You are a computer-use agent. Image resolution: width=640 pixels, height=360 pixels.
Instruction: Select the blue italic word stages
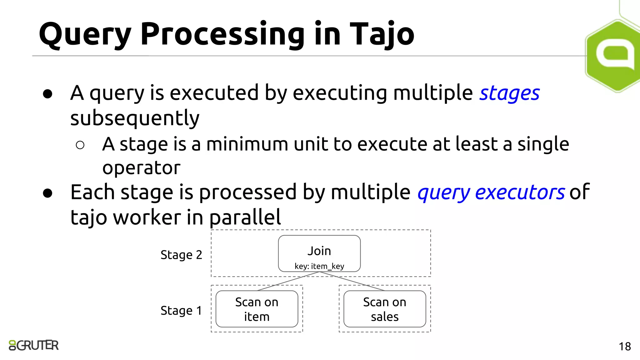click(509, 93)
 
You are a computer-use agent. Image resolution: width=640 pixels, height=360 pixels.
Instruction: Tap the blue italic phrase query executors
click(491, 192)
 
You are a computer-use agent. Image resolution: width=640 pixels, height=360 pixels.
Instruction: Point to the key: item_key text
click(319, 266)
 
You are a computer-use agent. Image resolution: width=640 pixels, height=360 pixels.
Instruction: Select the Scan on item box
click(257, 309)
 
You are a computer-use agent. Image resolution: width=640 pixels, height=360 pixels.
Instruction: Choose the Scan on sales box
click(384, 309)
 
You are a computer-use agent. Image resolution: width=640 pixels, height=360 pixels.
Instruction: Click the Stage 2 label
click(181, 255)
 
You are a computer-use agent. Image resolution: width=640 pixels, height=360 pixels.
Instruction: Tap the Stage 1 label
click(181, 311)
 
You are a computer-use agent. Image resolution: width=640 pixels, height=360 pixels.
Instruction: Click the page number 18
click(624, 347)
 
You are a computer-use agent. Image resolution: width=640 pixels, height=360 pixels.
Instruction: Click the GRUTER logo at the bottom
click(34, 345)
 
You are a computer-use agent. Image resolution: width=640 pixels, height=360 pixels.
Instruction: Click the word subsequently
click(135, 118)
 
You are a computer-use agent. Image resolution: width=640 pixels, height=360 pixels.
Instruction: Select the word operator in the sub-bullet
click(141, 168)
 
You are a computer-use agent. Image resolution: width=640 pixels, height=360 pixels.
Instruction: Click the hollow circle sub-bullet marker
click(80, 145)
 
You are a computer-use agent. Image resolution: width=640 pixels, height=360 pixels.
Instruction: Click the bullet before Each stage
click(47, 193)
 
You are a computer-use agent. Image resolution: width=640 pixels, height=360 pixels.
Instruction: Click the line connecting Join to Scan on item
click(287, 281)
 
